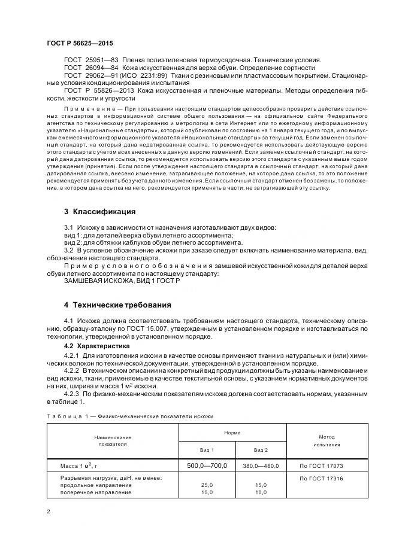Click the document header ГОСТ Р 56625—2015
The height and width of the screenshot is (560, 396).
coord(79,44)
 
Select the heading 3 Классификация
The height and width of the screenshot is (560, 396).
coord(99,212)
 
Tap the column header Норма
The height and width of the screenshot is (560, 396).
coord(232,431)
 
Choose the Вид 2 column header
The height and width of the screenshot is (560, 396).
coord(260,449)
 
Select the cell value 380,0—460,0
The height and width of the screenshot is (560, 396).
coord(260,465)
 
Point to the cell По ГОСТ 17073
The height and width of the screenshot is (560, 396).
coord(321,465)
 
